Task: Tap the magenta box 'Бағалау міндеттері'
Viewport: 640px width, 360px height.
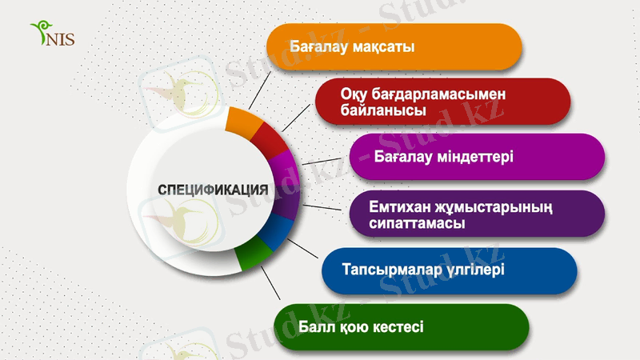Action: click(477, 155)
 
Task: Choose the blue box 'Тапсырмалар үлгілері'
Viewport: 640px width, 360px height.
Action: click(449, 270)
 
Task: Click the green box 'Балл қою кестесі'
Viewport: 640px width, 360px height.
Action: click(401, 326)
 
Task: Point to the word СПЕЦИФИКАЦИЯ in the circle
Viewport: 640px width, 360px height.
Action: click(213, 190)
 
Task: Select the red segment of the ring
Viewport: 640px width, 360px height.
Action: click(270, 141)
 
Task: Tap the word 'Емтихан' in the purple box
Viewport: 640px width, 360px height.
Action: click(397, 205)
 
